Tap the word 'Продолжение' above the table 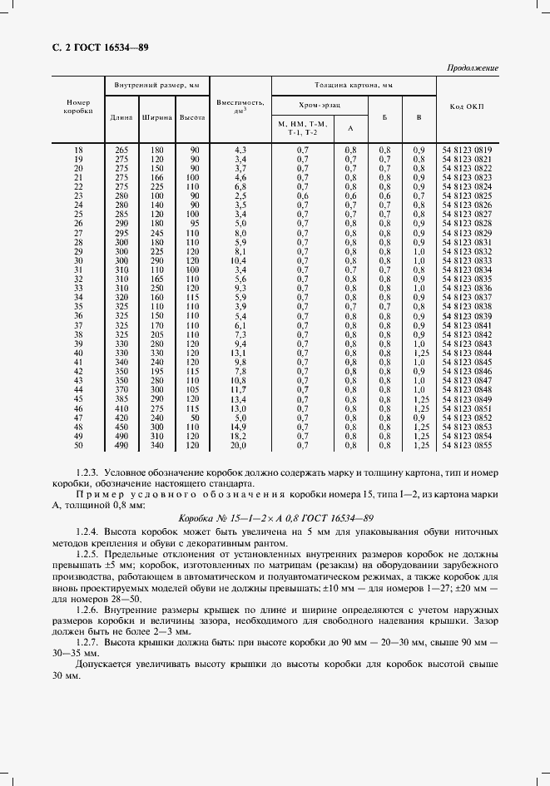473,68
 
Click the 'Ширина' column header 156,116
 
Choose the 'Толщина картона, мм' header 353,85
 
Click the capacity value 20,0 240,446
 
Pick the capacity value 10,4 240,260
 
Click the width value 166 156,177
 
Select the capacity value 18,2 240,437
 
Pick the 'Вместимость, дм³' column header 240,106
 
